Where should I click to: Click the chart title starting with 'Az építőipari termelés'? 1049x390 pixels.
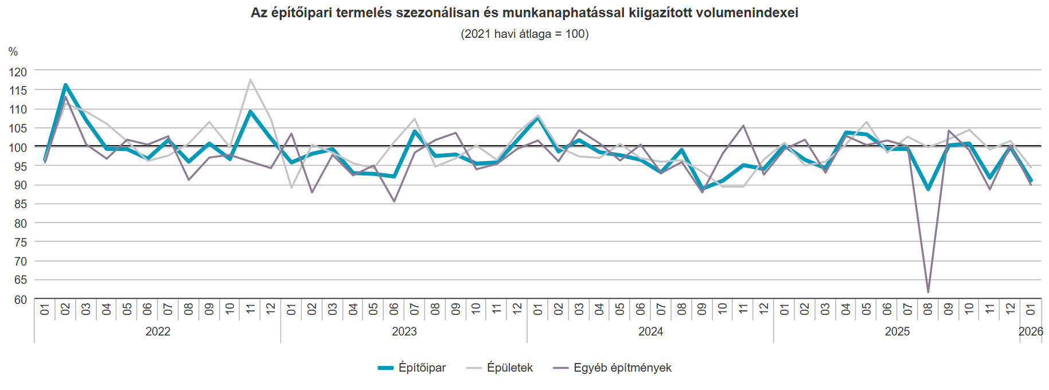[x=524, y=13]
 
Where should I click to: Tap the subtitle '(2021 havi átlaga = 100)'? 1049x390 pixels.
[x=524, y=34]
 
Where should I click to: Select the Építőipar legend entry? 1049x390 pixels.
[x=412, y=368]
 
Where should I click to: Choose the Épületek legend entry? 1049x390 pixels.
[x=500, y=368]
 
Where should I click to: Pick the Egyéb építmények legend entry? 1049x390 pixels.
[x=613, y=368]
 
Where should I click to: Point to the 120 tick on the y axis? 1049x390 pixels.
[x=18, y=72]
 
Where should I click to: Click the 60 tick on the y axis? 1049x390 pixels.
[x=20, y=299]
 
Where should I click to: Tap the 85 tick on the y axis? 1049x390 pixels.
[x=20, y=204]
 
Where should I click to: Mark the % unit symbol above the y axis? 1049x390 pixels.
[x=13, y=52]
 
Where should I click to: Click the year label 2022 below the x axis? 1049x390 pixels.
[x=158, y=331]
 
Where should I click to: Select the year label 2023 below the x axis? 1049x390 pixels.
[x=404, y=331]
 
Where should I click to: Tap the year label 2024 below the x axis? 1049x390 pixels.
[x=650, y=331]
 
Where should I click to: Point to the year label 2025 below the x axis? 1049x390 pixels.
[x=897, y=331]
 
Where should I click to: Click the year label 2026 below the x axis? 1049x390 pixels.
[x=1031, y=331]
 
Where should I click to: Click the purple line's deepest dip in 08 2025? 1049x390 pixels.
[x=928, y=292]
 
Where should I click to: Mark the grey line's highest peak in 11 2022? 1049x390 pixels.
[x=251, y=80]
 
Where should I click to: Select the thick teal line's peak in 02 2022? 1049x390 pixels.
[x=65, y=85]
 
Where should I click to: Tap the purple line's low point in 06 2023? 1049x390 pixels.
[x=394, y=201]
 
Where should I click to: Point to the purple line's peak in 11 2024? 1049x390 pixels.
[x=743, y=126]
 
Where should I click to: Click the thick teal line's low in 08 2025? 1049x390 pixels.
[x=928, y=189]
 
